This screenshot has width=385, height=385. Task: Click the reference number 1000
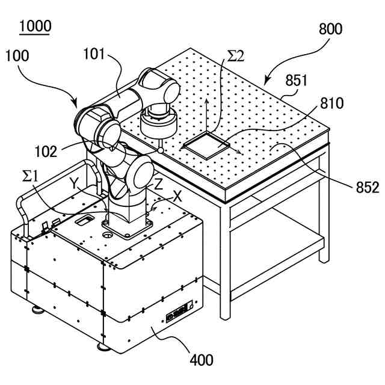pyautogui.click(x=35, y=26)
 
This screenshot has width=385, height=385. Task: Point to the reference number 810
pyautogui.click(x=331, y=103)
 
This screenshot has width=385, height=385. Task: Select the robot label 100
pyautogui.click(x=18, y=57)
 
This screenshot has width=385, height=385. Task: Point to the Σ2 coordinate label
pyautogui.click(x=235, y=57)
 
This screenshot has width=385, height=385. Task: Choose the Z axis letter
pyautogui.click(x=158, y=184)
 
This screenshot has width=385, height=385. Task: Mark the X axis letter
pyautogui.click(x=177, y=196)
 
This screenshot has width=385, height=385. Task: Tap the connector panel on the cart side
pyautogui.click(x=180, y=313)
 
